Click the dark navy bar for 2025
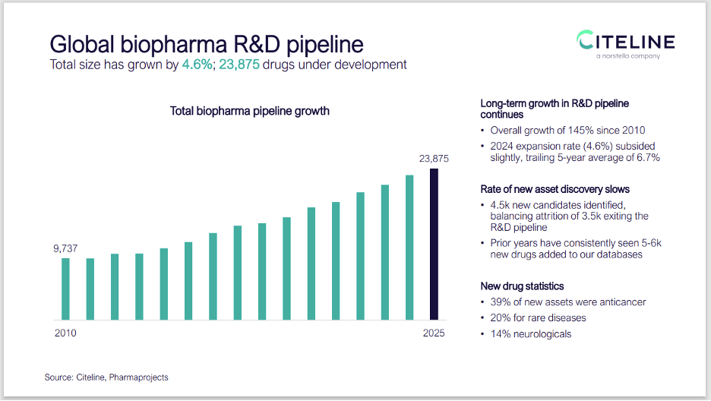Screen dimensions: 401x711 (434, 244)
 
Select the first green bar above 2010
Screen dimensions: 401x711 (65, 289)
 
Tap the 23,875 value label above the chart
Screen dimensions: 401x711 (434, 159)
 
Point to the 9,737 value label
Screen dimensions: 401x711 (65, 248)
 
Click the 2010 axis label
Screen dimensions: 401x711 (65, 333)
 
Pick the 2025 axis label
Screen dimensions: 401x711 (434, 333)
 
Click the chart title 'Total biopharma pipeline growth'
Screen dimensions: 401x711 (249, 111)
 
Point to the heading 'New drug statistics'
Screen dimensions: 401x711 (523, 286)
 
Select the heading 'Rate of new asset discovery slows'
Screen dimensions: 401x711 (555, 189)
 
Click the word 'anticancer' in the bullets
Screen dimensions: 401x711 (621, 302)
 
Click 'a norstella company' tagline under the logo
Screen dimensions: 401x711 (627, 56)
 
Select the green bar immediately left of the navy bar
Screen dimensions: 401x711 (409, 248)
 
